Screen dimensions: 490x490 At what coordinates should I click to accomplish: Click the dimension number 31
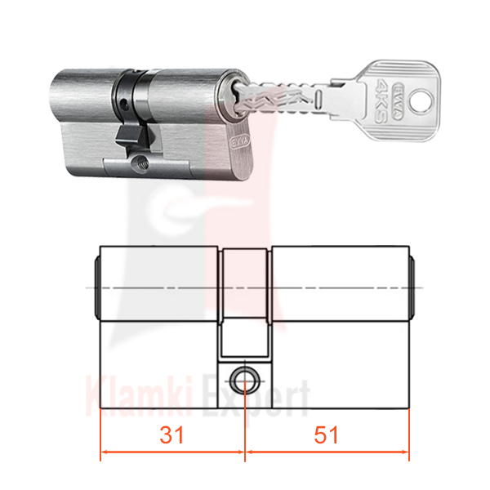tap(171, 435)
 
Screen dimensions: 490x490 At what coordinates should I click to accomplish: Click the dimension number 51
tap(326, 435)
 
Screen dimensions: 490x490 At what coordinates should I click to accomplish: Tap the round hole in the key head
tap(421, 100)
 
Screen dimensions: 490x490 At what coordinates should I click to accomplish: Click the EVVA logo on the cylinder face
tap(240, 142)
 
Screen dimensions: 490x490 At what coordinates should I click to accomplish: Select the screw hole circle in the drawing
tap(245, 381)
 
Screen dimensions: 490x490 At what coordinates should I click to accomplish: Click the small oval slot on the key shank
tap(318, 98)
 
